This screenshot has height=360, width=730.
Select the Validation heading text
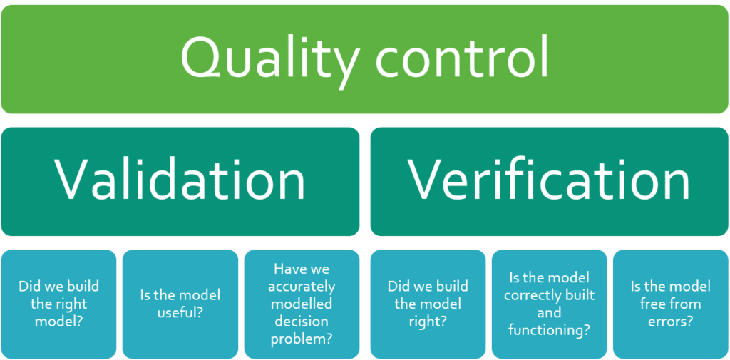point(180,179)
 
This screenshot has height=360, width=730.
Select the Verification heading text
point(549,179)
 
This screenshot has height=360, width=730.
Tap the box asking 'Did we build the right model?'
point(58,304)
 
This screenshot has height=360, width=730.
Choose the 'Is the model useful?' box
point(180,304)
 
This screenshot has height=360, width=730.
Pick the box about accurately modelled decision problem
point(302,304)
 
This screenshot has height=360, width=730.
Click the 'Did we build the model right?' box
point(428,304)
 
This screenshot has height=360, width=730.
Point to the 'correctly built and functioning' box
point(549,304)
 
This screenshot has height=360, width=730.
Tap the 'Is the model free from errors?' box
point(670,304)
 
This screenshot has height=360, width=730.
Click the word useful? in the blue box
point(180,312)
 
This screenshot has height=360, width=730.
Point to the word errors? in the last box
point(670,321)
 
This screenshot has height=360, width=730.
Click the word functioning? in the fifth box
point(549,329)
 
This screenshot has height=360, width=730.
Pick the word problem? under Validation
point(302,339)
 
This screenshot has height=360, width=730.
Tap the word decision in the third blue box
point(302,321)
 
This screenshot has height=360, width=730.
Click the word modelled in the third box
point(302,304)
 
